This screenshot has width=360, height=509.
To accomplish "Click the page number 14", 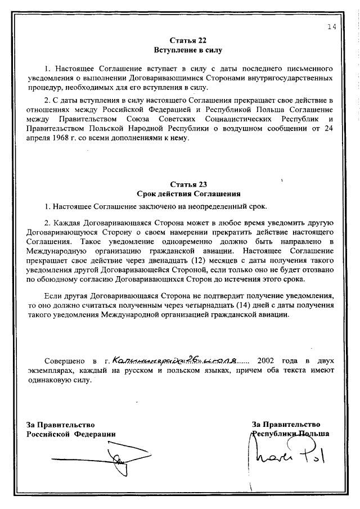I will (331, 27).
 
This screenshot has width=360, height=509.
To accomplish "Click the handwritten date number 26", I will (195, 358).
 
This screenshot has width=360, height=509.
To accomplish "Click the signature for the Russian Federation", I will (121, 460).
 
